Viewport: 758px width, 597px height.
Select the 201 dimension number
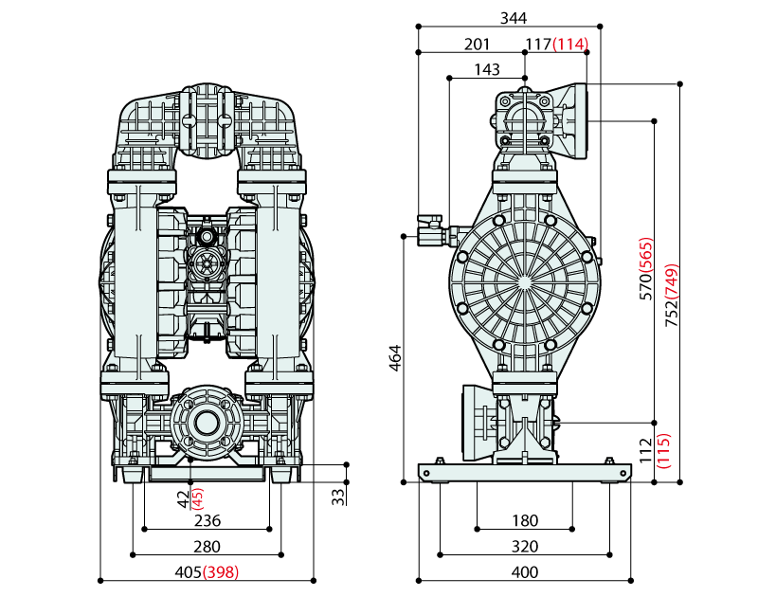point(478,44)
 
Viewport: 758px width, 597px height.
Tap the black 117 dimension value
point(538,44)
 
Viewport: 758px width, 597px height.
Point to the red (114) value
point(570,44)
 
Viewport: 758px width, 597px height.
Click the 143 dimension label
point(487,69)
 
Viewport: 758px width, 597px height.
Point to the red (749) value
point(672,276)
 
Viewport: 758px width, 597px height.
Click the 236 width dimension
point(207,520)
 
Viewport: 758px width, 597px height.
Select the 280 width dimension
point(207,546)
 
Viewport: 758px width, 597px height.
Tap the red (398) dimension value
point(221,571)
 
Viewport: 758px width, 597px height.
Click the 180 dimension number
point(524,520)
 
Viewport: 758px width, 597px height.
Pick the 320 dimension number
point(524,546)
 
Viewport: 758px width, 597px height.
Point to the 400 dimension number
point(524,571)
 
